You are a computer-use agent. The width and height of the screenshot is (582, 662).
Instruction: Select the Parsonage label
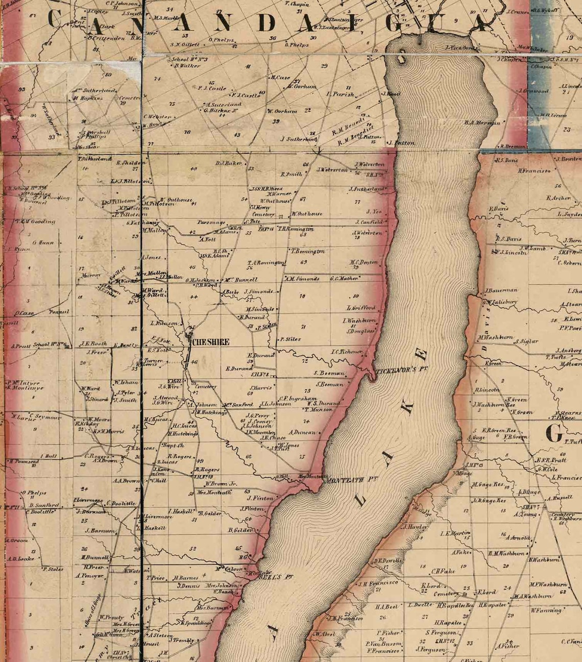pos(211,223)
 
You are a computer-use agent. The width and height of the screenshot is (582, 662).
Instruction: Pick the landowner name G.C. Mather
pos(345,279)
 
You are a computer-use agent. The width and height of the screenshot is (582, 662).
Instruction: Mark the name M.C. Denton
pos(364,262)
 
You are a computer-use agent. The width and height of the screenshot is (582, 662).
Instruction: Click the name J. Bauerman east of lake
pos(502,290)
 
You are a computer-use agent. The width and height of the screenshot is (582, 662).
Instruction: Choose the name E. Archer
pos(558,198)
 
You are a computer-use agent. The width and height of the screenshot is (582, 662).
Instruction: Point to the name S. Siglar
pos(527,341)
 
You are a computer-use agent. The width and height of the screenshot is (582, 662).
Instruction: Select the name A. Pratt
pos(21,346)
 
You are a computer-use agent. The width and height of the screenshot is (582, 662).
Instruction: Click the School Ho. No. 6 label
pos(51,345)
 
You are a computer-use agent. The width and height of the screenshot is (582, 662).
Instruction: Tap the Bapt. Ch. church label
pos(169,445)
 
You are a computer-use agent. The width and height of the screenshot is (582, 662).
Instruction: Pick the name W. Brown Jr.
pos(221,483)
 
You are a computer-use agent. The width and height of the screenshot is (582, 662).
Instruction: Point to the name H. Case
pos(280,78)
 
